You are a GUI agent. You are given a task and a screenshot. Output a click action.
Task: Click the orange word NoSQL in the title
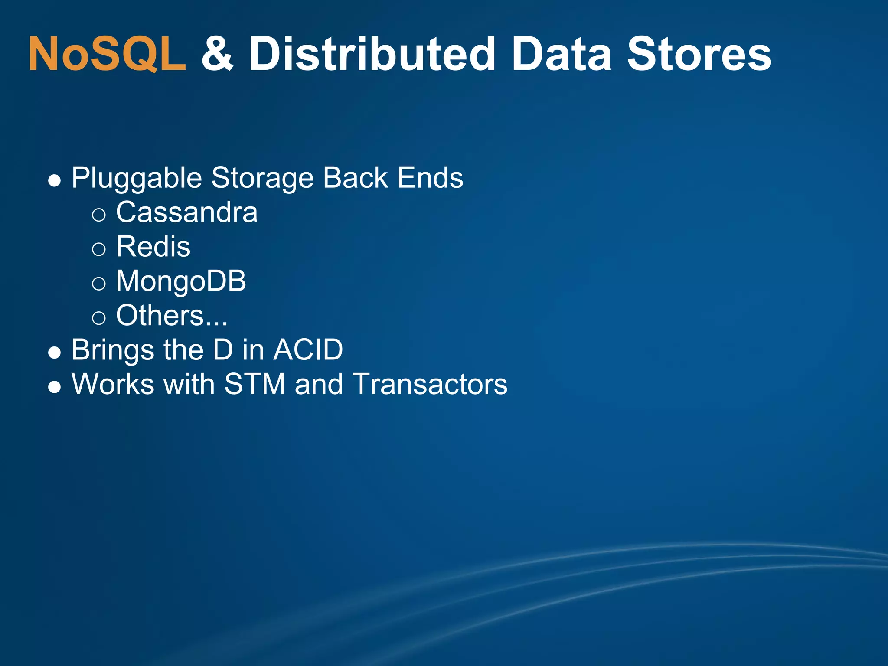107,54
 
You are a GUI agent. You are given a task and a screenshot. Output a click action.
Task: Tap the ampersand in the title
218,54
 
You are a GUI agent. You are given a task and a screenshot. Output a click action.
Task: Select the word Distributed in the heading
372,54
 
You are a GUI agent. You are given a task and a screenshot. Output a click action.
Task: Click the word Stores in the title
699,54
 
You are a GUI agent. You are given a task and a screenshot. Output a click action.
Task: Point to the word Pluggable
137,178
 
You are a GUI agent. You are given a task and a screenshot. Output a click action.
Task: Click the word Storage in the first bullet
262,178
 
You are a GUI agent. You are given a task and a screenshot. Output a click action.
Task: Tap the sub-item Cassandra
186,212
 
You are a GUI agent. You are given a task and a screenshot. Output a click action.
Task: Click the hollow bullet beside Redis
99,249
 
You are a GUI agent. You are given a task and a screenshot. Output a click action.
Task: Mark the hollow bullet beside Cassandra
99,215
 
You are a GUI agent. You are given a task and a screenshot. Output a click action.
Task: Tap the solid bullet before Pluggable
54,180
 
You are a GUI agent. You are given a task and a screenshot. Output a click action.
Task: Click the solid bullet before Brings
54,352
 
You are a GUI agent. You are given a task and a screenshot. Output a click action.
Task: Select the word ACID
308,349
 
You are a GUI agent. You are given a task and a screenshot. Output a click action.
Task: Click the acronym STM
255,384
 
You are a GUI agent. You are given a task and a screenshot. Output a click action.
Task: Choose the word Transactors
430,384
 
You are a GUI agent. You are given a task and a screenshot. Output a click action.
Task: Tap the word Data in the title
562,54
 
